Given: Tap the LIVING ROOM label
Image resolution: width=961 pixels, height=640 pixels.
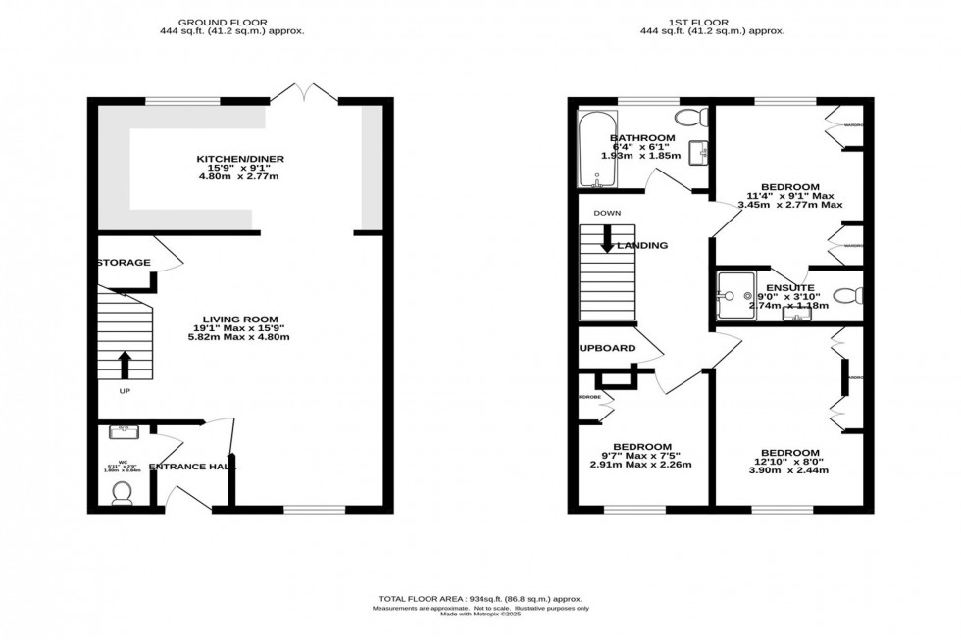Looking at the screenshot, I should click(240, 320).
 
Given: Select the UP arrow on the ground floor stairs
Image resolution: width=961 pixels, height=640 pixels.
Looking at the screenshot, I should click(124, 365).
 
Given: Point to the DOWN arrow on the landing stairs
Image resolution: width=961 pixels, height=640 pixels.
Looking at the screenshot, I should click(607, 239).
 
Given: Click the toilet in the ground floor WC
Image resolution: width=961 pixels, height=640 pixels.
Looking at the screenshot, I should click(123, 491).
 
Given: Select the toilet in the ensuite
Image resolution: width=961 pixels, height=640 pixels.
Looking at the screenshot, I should click(849, 295).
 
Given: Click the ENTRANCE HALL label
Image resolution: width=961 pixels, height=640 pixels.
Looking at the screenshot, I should click(187, 468).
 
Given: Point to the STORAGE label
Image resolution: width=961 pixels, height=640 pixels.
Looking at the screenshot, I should click(124, 263).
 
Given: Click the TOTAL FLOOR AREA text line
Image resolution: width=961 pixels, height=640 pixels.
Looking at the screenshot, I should click(480, 598).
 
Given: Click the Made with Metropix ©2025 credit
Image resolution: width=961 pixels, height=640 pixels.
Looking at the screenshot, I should click(480, 615).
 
